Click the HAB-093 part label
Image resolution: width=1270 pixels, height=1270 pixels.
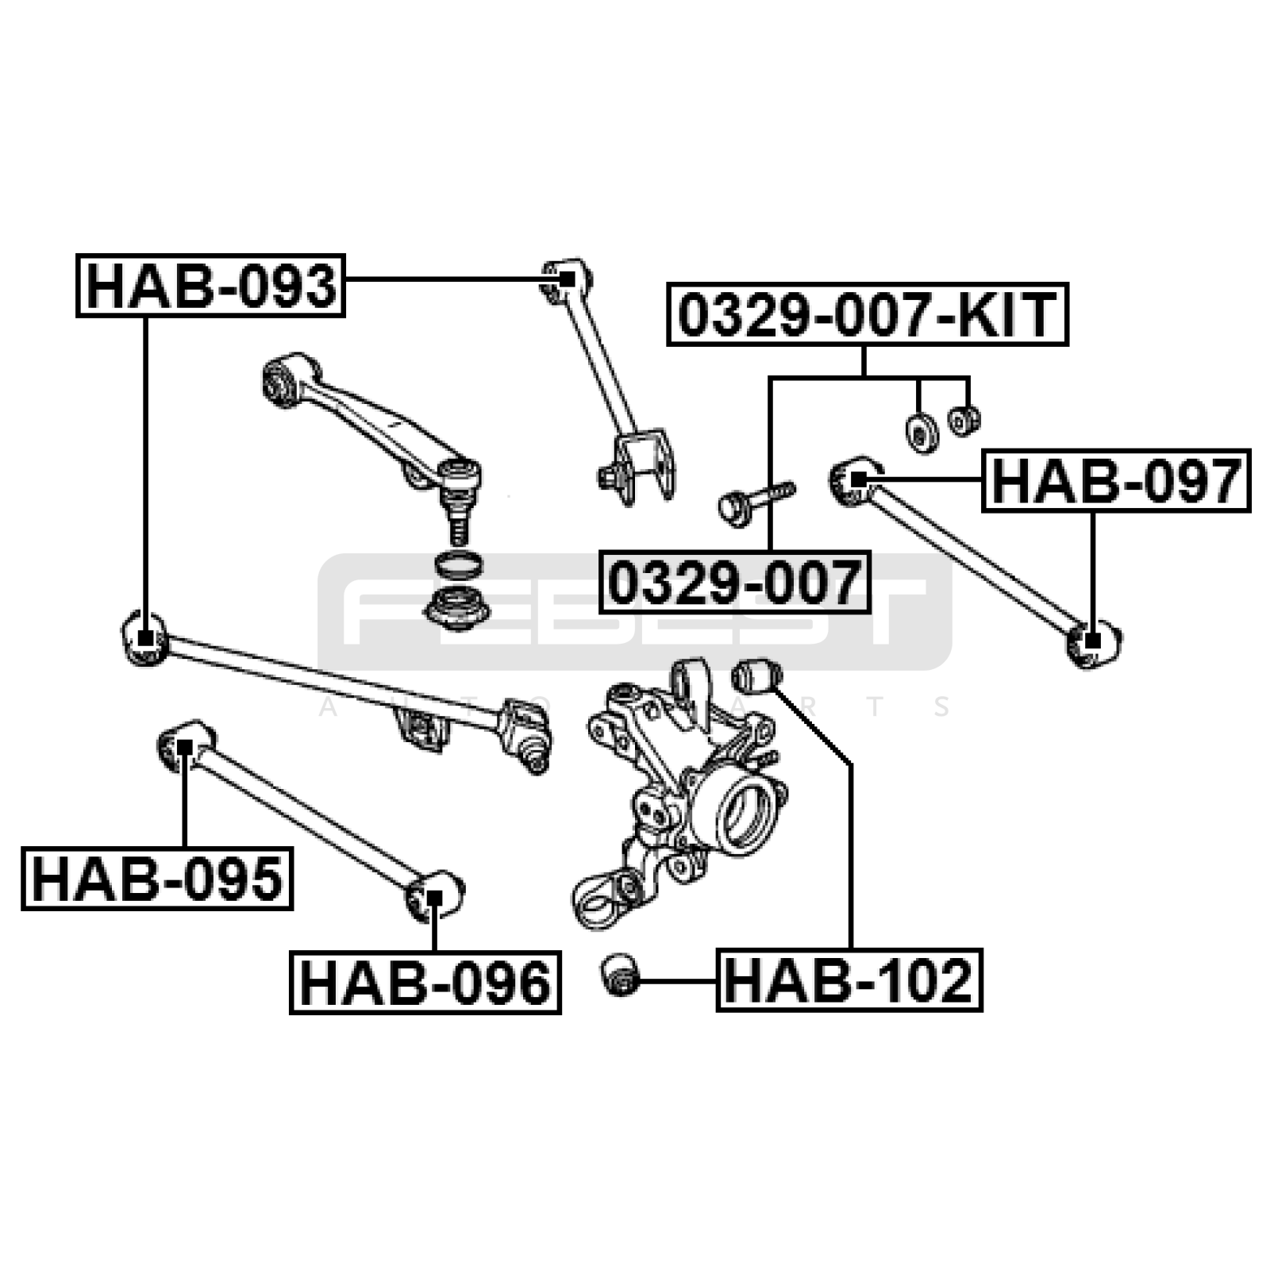click(x=210, y=286)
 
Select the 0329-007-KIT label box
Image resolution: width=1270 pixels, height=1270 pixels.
click(x=868, y=314)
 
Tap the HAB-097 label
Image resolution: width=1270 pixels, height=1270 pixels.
click(x=1116, y=481)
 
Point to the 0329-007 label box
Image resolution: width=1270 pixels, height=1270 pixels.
click(x=734, y=582)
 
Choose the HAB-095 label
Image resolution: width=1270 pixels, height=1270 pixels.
click(x=157, y=878)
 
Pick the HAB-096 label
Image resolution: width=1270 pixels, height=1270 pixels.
click(x=425, y=982)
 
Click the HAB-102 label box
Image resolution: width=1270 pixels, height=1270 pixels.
click(x=849, y=979)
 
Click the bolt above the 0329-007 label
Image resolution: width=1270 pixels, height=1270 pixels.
click(x=756, y=502)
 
